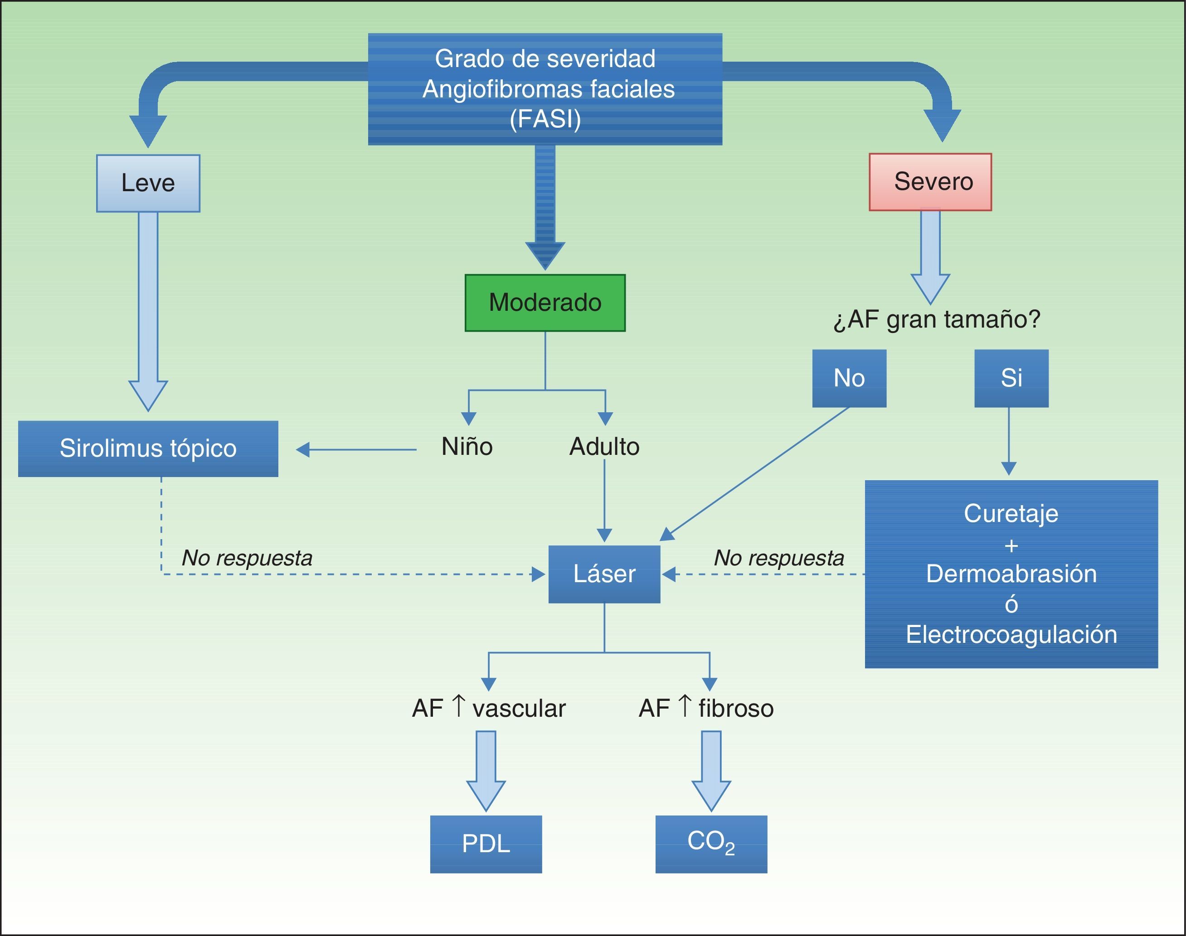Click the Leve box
[x=148, y=183]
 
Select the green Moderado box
[x=545, y=303]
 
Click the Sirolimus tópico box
[x=148, y=448]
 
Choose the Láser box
[x=604, y=574]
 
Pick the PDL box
[x=486, y=844]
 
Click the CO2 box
[x=711, y=844]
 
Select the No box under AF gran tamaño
[x=849, y=378]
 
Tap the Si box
[x=1011, y=378]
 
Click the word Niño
[x=467, y=447]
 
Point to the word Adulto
[x=604, y=447]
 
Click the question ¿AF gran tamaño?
[x=937, y=319]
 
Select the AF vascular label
[x=489, y=708]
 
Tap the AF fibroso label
[x=706, y=708]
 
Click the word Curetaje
[x=1011, y=513]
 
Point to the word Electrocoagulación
[x=1011, y=634]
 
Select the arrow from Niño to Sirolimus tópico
[x=356, y=450]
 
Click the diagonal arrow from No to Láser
[x=757, y=473]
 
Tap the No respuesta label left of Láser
[x=247, y=558]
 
